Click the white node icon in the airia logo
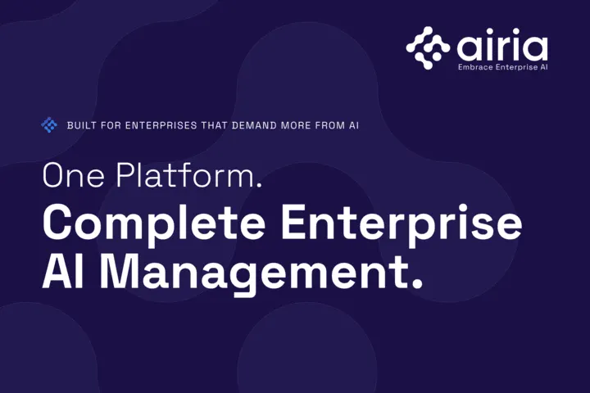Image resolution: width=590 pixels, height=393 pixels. [428, 47]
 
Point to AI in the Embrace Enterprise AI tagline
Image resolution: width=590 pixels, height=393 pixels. [544, 67]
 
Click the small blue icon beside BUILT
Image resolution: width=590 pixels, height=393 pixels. [49, 124]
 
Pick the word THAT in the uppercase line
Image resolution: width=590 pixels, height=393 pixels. [214, 125]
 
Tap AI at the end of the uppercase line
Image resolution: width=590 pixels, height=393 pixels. [354, 125]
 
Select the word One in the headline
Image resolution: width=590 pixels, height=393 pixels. [74, 175]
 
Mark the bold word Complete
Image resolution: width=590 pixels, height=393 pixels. [154, 224]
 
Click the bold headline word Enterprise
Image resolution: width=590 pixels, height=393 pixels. [402, 224]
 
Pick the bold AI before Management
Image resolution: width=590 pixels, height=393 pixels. [63, 271]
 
